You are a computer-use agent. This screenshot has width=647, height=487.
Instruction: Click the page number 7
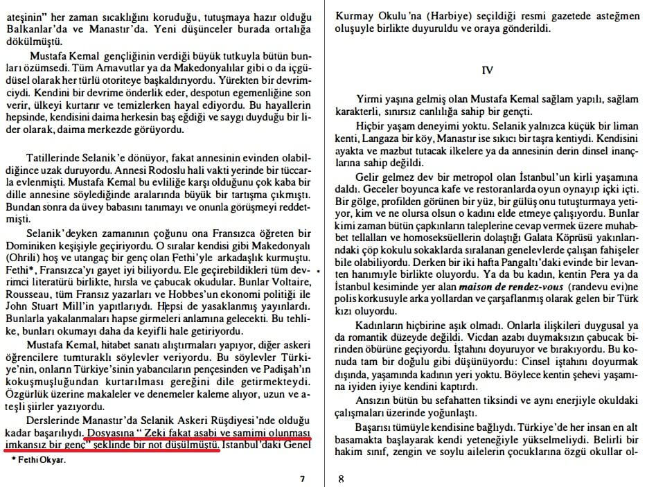tap(302, 478)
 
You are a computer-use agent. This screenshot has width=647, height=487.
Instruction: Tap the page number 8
tap(341, 478)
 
